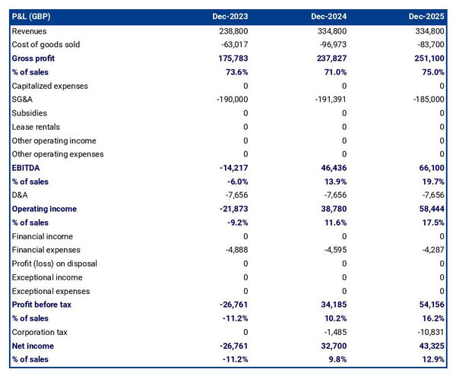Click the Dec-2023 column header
pos(231,16)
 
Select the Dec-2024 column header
pos(330,16)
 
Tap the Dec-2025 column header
pos(427,16)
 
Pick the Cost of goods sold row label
pos(46,45)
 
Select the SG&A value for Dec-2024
pos(329,100)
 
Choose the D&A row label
pos(21,195)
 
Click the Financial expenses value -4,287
pos(429,250)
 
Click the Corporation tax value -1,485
pos(332,332)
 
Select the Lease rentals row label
pos(36,127)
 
